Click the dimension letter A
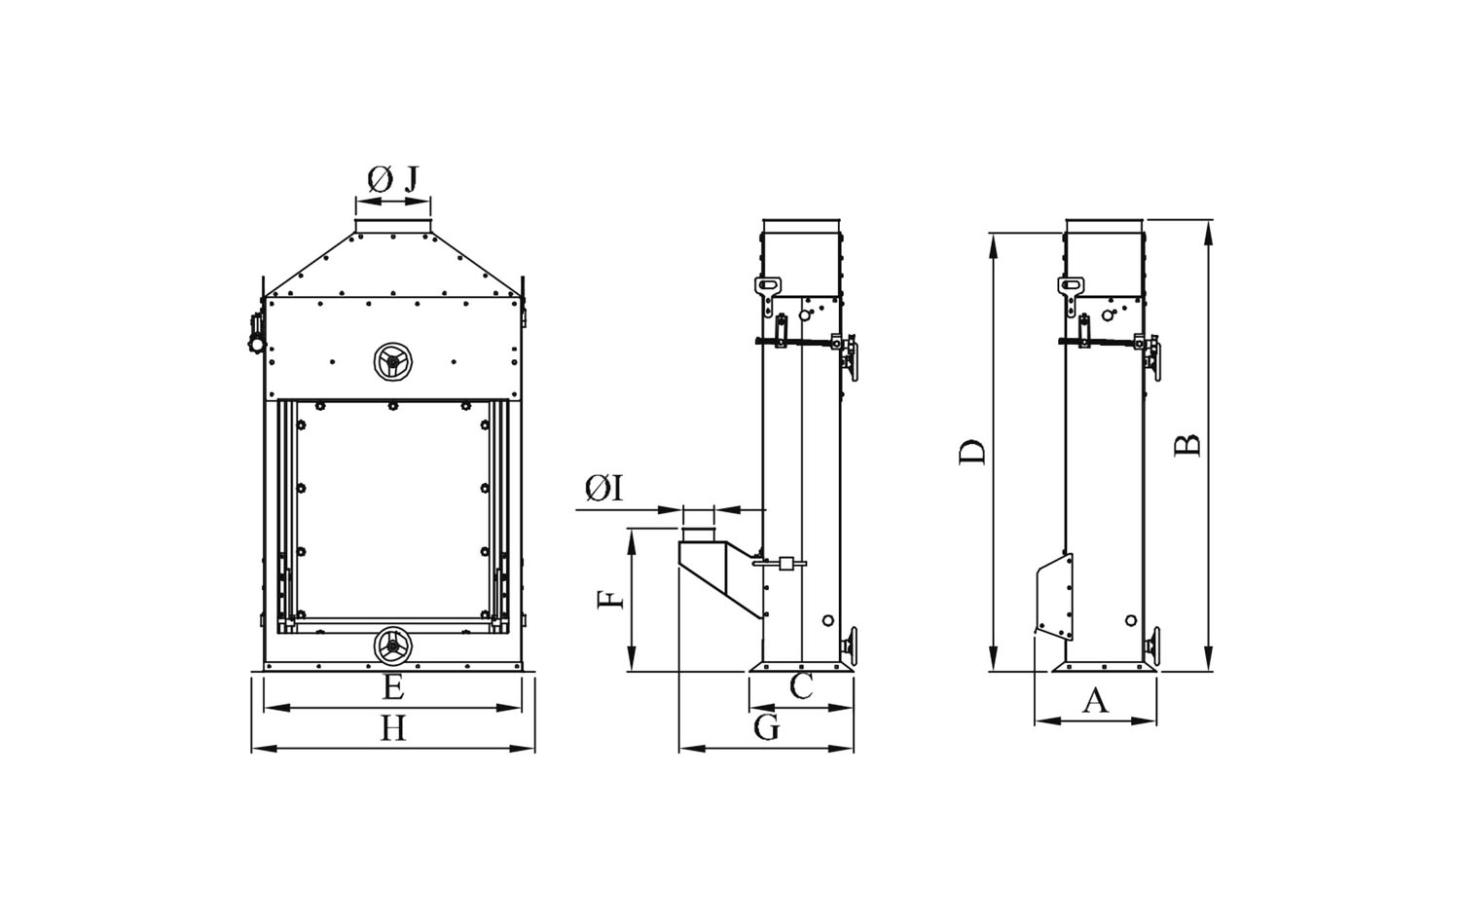pyautogui.click(x=1095, y=701)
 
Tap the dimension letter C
pyautogui.click(x=801, y=685)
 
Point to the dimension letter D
pyautogui.click(x=971, y=453)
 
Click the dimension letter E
pyautogui.click(x=392, y=687)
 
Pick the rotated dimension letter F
pyautogui.click(x=610, y=600)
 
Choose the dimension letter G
pyautogui.click(x=767, y=727)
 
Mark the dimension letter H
pyautogui.click(x=393, y=728)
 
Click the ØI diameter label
pyautogui.click(x=604, y=488)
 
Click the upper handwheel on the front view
pyautogui.click(x=393, y=361)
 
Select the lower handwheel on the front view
pyautogui.click(x=392, y=646)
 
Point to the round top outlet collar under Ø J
pyautogui.click(x=393, y=225)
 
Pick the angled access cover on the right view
pyautogui.click(x=1054, y=596)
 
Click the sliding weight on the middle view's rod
pyautogui.click(x=786, y=563)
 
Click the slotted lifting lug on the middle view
pyautogui.click(x=768, y=295)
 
